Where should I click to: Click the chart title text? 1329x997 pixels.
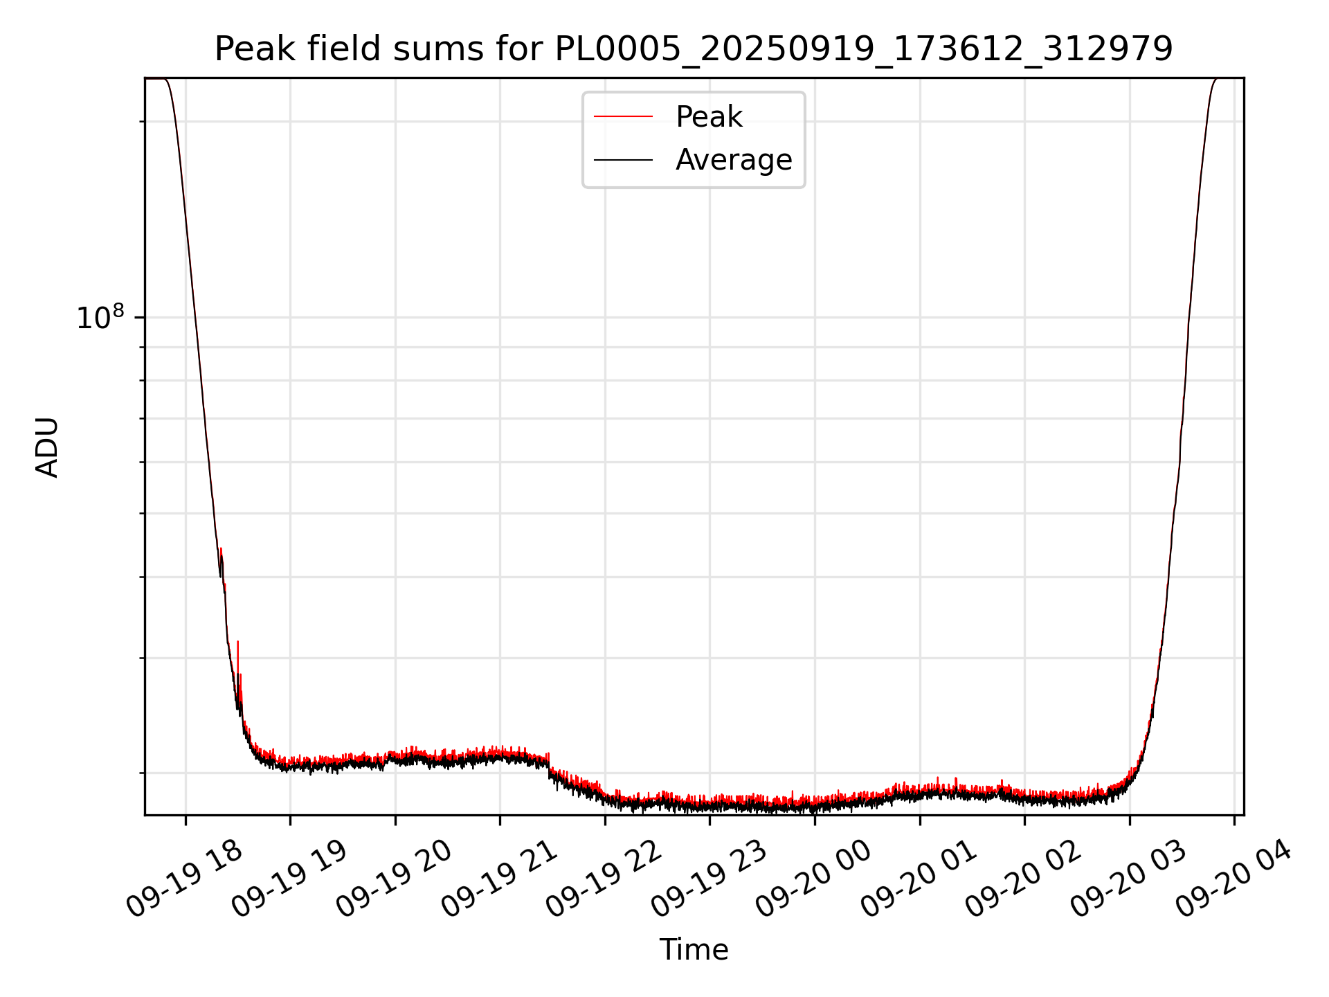point(694,49)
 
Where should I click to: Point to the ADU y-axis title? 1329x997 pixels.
point(47,447)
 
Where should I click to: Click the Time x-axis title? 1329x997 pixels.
point(694,950)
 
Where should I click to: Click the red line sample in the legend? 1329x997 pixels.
point(623,117)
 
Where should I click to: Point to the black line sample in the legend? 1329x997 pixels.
point(623,160)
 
